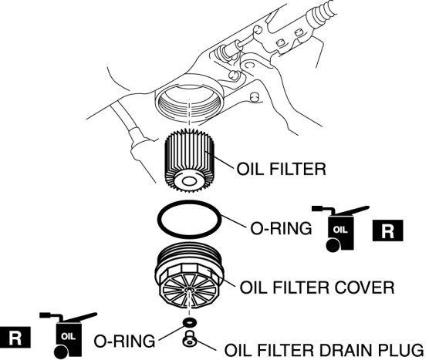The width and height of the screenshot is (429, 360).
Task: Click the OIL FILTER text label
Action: tap(281, 169)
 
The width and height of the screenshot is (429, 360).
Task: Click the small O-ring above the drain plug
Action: tap(189, 322)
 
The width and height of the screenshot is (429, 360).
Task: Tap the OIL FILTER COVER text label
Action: tap(317, 288)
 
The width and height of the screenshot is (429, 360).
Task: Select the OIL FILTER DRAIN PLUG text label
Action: tap(324, 350)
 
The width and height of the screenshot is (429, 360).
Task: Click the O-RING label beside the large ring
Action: tap(281, 228)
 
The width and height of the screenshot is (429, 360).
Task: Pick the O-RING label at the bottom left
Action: tap(124, 341)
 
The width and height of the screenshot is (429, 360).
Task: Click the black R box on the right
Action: tap(387, 230)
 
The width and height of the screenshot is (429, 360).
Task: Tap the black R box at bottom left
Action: tap(15, 337)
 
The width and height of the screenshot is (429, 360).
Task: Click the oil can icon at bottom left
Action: tap(69, 335)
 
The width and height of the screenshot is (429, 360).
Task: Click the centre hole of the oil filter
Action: tap(189, 181)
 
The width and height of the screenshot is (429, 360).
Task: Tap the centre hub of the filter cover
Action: tap(189, 290)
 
